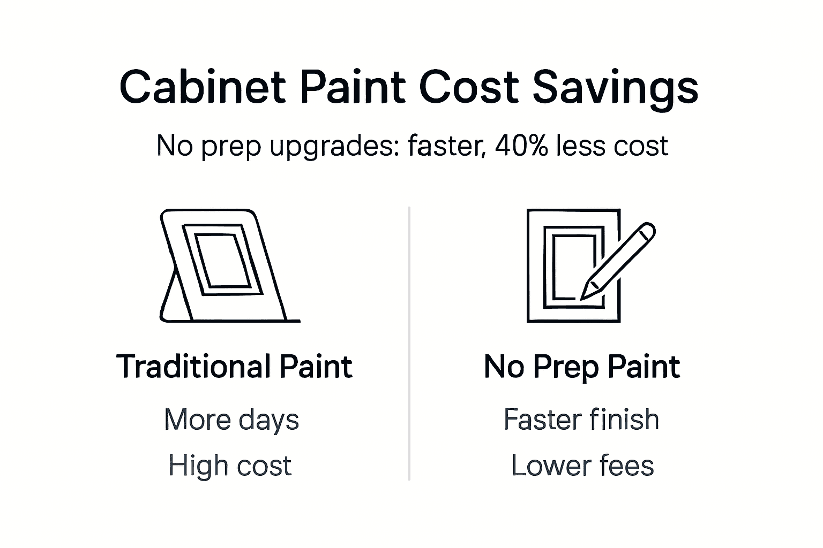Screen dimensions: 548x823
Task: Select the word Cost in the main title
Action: (468, 87)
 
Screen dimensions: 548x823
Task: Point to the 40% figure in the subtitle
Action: (521, 146)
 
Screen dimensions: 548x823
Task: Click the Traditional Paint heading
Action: (234, 367)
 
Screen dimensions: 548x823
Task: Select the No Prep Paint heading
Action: (581, 367)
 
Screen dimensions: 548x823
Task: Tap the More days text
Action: (231, 419)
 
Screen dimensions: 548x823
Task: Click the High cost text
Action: (230, 465)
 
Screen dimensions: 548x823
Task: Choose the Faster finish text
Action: (581, 419)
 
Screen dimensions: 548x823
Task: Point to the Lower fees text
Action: (582, 465)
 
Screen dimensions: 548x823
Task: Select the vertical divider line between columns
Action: (409, 342)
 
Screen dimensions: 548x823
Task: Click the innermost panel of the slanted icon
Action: (221, 261)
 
